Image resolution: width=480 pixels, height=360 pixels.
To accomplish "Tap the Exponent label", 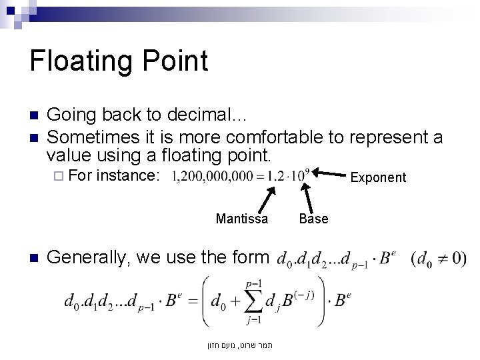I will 377,177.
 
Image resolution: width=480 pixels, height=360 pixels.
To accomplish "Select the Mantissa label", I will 242,219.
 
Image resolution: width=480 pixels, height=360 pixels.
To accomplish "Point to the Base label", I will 313,219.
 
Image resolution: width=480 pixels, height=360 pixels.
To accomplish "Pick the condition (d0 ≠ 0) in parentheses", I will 439,259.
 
